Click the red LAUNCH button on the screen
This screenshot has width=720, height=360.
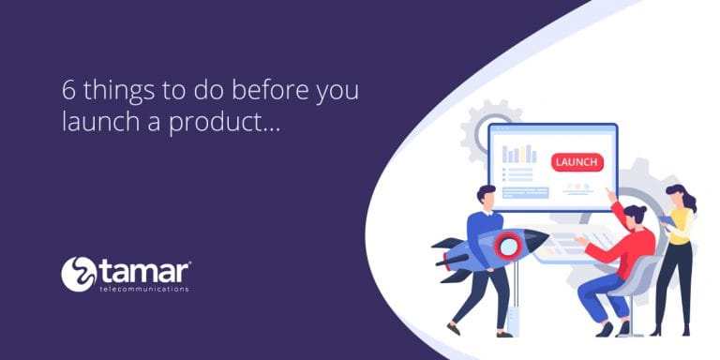(576, 161)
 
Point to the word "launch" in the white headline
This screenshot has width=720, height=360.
(97, 122)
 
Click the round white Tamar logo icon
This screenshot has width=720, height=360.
(79, 274)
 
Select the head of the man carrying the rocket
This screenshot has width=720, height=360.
(486, 197)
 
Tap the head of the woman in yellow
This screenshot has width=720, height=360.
(677, 197)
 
